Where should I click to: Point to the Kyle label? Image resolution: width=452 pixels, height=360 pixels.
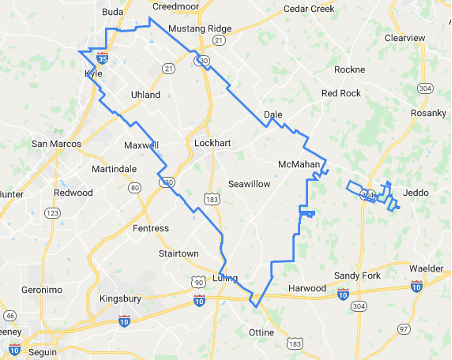tap(92, 74)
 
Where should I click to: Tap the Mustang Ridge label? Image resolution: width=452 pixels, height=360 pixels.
tap(200, 29)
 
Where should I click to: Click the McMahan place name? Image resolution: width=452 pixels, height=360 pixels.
tap(299, 163)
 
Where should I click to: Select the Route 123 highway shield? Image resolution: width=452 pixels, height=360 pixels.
tap(53, 213)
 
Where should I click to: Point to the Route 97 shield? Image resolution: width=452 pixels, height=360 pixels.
tap(404, 329)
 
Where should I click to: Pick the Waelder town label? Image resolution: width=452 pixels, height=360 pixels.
tap(429, 268)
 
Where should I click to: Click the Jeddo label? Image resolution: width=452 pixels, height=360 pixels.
tap(415, 191)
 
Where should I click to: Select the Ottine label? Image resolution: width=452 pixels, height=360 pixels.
tap(261, 331)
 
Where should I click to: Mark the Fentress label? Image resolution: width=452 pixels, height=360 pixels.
tap(151, 229)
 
